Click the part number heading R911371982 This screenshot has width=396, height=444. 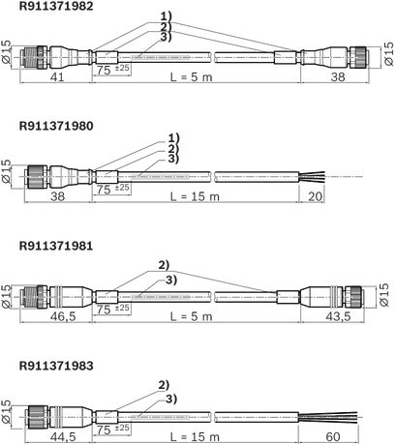click(x=56, y=6)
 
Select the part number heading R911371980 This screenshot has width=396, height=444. click(x=56, y=126)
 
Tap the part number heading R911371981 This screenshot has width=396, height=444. click(x=56, y=246)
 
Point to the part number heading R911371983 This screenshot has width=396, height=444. click(x=56, y=366)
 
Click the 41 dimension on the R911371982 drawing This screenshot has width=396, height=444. click(x=57, y=77)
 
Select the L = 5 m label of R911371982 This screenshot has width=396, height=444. click(x=192, y=77)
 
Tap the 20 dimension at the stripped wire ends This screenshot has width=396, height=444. click(x=315, y=196)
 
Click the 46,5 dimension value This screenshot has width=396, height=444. click(x=63, y=316)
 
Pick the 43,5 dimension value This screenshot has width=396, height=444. click(x=338, y=316)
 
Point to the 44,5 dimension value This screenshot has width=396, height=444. click(x=63, y=436)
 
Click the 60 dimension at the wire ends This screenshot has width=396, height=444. click(x=333, y=436)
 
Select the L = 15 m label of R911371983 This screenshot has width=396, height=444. click(x=195, y=436)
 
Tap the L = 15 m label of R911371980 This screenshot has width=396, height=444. click(x=195, y=196)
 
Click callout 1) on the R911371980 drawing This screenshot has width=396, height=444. click(x=173, y=138)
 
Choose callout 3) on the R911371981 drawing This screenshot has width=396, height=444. click(x=171, y=281)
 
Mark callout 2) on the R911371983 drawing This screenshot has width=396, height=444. click(x=164, y=385)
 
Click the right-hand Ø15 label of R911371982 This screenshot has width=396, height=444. click(x=389, y=54)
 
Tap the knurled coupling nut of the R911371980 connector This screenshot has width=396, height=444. click(x=37, y=177)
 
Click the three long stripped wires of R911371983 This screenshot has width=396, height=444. click(x=328, y=417)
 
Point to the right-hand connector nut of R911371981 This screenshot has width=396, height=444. click(x=353, y=297)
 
